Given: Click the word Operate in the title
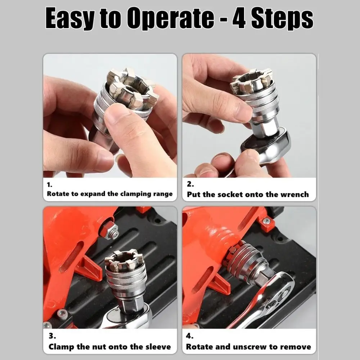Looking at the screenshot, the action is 171,18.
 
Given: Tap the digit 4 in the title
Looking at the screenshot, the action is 239,18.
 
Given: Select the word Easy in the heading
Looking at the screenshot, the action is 70,18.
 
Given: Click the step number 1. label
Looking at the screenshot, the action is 50,185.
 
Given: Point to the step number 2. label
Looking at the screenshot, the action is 190,184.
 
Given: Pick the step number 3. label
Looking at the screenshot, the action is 52,336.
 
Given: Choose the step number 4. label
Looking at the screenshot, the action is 190,336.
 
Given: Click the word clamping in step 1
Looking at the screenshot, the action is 135,194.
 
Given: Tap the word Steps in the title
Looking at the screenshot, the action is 282,18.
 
